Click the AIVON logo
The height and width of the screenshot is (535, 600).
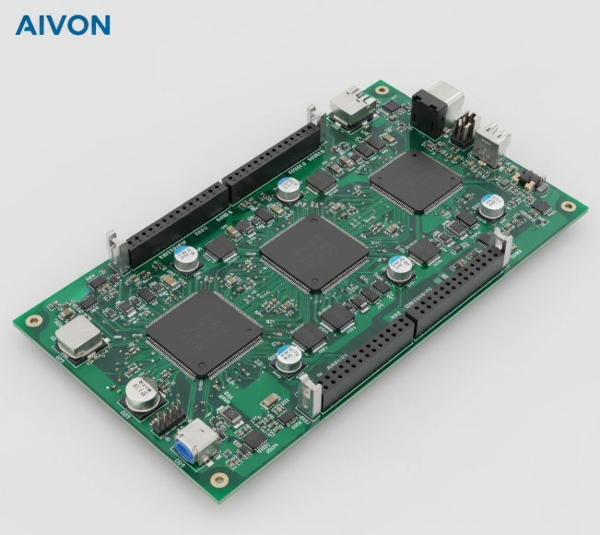[x=63, y=24]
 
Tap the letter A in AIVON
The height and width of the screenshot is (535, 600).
[x=25, y=24]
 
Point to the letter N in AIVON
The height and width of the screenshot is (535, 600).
[x=99, y=24]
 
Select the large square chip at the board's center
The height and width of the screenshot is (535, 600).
[x=313, y=250]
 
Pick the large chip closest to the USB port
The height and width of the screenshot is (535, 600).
[x=415, y=181]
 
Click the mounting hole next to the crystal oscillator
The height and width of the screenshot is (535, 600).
[x=34, y=321]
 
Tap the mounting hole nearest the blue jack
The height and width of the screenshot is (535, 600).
[x=218, y=480]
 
